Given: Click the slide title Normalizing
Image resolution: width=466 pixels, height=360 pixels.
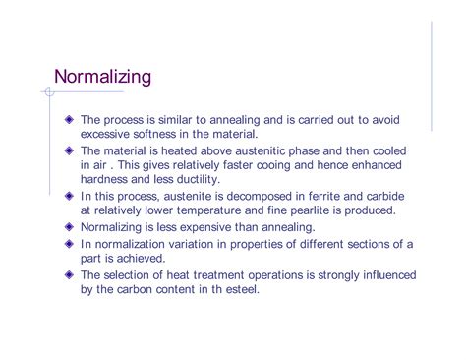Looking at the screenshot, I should (x=102, y=76).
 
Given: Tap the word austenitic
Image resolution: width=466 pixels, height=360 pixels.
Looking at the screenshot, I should (x=285, y=150).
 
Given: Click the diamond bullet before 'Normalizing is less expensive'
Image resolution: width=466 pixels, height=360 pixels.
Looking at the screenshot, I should (x=69, y=228).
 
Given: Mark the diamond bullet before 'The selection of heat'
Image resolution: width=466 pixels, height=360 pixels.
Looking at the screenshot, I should (x=69, y=275).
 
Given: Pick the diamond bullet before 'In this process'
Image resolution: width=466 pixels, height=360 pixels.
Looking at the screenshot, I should (x=69, y=197).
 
